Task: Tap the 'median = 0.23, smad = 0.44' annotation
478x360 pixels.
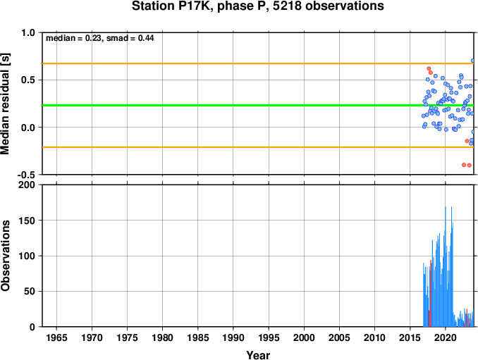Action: point(99,38)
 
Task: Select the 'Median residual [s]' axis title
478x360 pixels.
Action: point(5,104)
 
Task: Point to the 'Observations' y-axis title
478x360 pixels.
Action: point(5,256)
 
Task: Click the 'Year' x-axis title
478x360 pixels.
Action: point(258,355)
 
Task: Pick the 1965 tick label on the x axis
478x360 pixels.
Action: point(56,337)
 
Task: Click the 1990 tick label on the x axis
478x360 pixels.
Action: point(233,337)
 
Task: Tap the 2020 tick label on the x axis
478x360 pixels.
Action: point(446,337)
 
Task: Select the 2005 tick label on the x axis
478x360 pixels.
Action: point(339,337)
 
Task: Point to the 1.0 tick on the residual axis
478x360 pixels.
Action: point(28,32)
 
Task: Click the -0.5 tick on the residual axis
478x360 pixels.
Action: point(26,175)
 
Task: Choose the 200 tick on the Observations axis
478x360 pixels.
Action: point(27,185)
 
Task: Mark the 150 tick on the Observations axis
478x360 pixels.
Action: point(27,221)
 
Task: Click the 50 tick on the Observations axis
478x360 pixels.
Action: point(30,291)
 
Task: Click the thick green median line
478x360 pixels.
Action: point(258,106)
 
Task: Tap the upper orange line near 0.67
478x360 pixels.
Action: point(258,63)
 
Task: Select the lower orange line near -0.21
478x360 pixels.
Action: point(258,147)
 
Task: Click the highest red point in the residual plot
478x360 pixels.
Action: point(429,68)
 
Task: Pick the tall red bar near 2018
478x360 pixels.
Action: point(431,293)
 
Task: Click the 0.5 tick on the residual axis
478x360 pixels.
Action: point(28,80)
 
